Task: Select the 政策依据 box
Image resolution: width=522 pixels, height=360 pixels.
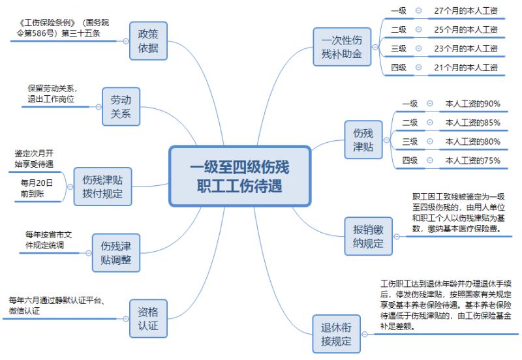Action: tap(148, 40)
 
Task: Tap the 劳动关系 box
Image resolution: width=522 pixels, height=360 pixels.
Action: tap(121, 106)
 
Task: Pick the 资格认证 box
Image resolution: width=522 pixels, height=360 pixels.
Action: tap(148, 318)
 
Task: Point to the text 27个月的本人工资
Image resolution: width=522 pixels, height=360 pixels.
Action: tap(466, 11)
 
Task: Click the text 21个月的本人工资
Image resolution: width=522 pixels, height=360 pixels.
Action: tap(466, 67)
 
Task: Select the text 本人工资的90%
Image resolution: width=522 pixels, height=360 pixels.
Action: tap(472, 104)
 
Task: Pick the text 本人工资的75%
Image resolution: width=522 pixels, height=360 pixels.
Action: tap(472, 160)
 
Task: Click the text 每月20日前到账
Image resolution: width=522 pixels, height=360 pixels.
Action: tap(37, 187)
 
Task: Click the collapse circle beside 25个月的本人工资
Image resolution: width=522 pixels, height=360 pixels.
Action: tap(418, 30)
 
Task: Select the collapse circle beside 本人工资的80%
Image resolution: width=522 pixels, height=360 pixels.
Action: tap(429, 142)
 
